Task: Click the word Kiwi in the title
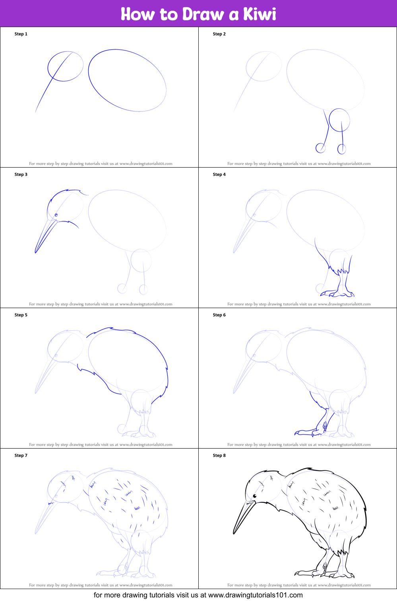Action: tap(260, 14)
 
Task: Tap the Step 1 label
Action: tap(21, 34)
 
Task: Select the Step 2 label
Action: tap(219, 34)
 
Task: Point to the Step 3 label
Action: tap(21, 174)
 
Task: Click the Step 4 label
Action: tap(219, 174)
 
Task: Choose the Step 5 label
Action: tap(21, 315)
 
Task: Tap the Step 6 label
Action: tap(219, 315)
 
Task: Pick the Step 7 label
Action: tap(21, 455)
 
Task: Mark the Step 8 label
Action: tap(219, 455)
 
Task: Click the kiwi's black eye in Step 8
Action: tap(255, 496)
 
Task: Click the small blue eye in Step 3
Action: tap(56, 215)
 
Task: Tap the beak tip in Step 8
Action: tap(234, 533)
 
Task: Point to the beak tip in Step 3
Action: tap(35, 252)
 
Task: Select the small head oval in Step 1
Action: tap(66, 66)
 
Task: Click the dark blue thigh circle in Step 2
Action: tap(339, 120)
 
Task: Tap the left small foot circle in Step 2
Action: tap(320, 148)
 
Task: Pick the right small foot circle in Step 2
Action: tap(341, 149)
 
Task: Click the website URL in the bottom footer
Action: tap(255, 595)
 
